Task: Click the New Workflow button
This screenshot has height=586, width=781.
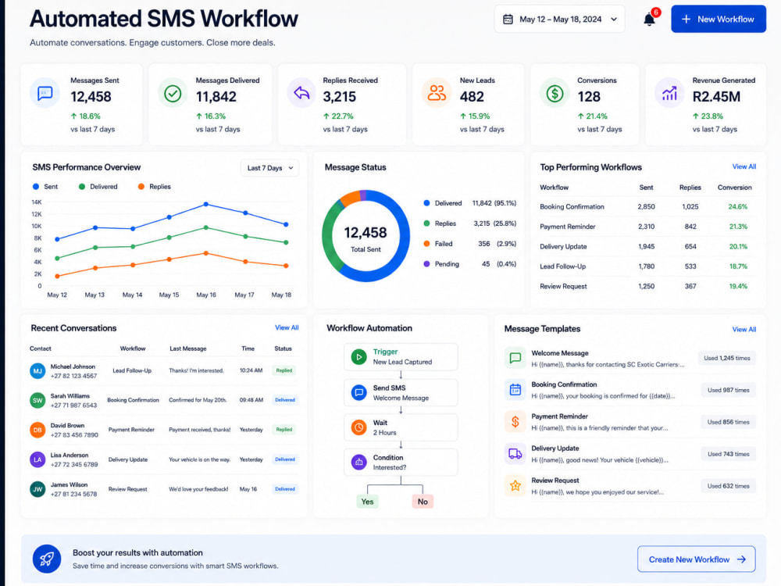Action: (x=719, y=19)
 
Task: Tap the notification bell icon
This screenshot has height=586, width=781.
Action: (x=649, y=20)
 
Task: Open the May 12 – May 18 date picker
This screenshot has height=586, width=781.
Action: (x=559, y=19)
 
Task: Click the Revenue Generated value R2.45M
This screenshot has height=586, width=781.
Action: (x=716, y=97)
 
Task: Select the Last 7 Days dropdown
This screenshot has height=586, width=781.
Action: (x=269, y=168)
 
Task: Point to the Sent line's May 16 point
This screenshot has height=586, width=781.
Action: (x=205, y=204)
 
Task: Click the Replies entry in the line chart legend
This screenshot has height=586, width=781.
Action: (x=155, y=187)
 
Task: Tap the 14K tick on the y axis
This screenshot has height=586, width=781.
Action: (x=37, y=202)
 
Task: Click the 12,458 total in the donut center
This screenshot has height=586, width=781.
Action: (x=365, y=233)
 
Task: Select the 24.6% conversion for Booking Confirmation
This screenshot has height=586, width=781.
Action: (x=738, y=207)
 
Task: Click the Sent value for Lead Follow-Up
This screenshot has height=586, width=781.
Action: (x=647, y=266)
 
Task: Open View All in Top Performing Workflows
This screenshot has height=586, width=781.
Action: (x=744, y=166)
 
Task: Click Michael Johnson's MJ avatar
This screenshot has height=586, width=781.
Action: (x=37, y=370)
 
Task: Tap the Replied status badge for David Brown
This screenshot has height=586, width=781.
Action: (x=284, y=430)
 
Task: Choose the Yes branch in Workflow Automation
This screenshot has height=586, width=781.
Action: (x=368, y=502)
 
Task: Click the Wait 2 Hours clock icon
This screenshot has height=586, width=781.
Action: (x=358, y=427)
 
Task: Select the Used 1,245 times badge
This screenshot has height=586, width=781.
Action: (x=726, y=359)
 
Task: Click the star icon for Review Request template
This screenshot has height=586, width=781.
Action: (x=515, y=485)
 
